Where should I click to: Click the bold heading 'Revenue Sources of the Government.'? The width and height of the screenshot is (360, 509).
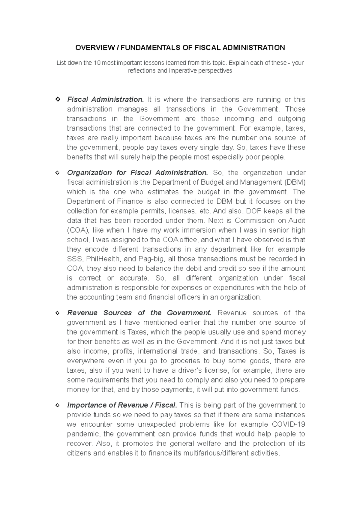point(139,313)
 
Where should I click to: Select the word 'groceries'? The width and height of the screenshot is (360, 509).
point(185,361)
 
